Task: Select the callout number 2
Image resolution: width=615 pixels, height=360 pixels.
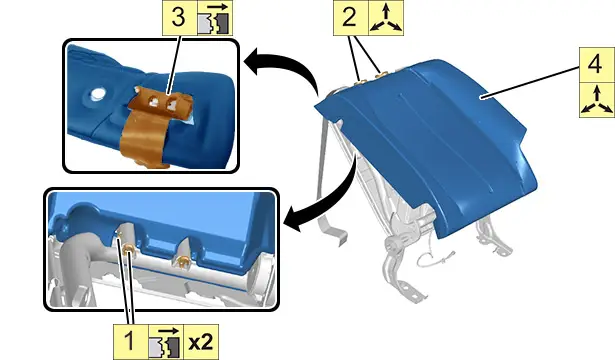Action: click(350, 17)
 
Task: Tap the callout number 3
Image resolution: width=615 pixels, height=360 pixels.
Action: click(179, 17)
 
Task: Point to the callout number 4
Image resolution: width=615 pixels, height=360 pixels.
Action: click(595, 65)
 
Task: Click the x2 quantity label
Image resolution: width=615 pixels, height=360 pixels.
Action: click(201, 343)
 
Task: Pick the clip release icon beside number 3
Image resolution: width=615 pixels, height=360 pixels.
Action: click(215, 18)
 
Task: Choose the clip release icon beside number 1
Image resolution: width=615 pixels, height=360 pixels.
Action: click(166, 342)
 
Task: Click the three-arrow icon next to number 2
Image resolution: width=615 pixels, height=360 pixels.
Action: click(386, 18)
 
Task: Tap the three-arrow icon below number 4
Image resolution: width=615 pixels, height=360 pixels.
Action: click(597, 100)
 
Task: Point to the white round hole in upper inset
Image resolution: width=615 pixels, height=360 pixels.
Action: click(96, 94)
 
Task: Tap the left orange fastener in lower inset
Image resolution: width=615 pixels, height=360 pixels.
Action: click(128, 249)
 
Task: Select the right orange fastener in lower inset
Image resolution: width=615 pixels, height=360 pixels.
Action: click(182, 260)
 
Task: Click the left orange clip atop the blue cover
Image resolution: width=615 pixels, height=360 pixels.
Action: click(360, 82)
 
